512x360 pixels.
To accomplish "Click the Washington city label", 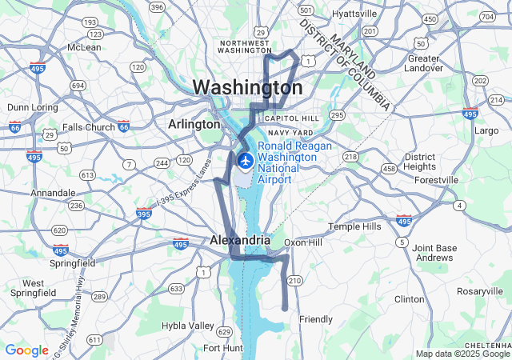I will pyautogui.click(x=247, y=87).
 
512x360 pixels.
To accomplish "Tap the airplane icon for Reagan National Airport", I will pyautogui.click(x=245, y=161).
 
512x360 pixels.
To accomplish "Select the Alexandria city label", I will pyautogui.click(x=240, y=240).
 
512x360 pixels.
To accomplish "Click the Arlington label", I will pyautogui.click(x=194, y=124).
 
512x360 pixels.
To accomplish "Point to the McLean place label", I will pyautogui.click(x=84, y=47).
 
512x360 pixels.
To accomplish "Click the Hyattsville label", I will pyautogui.click(x=355, y=14).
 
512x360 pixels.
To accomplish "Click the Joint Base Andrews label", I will pyautogui.click(x=434, y=253).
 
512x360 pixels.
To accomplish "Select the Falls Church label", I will pyautogui.click(x=89, y=127).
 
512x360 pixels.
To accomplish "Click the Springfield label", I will pyautogui.click(x=71, y=262).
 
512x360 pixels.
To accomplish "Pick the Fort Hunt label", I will pyautogui.click(x=222, y=348).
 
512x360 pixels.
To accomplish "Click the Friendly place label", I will pyautogui.click(x=315, y=319).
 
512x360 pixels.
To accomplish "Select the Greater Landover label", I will pyautogui.click(x=423, y=64).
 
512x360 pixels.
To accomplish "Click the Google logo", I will pyautogui.click(x=26, y=350).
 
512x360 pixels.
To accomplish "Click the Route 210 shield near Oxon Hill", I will pyautogui.click(x=294, y=281).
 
